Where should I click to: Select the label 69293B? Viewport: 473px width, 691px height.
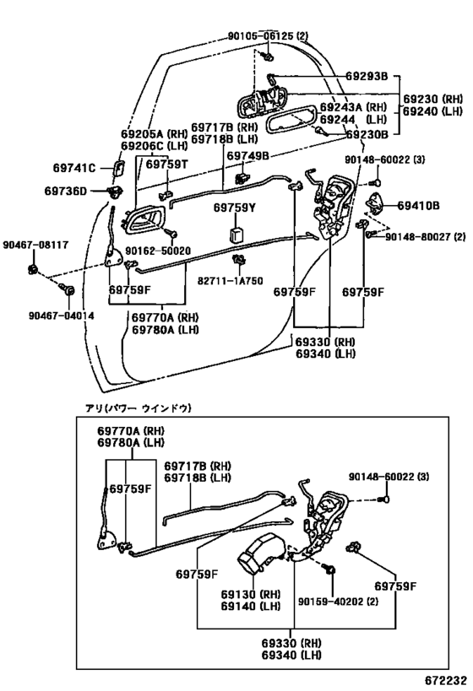coord(366,77)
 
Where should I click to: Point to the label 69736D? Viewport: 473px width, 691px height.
coord(67,192)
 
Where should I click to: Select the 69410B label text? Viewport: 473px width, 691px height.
coord(419,205)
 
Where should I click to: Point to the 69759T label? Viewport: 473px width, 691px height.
coord(166,165)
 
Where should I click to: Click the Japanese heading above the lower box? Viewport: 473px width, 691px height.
coord(139,408)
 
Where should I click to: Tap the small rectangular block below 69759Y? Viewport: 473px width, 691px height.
coord(238,231)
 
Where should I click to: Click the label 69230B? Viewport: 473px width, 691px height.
coord(366,133)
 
